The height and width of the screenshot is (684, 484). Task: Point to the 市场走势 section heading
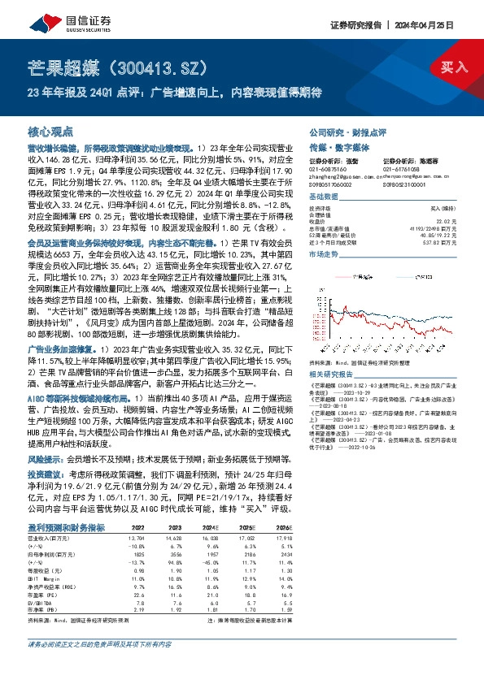[x=323, y=254]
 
